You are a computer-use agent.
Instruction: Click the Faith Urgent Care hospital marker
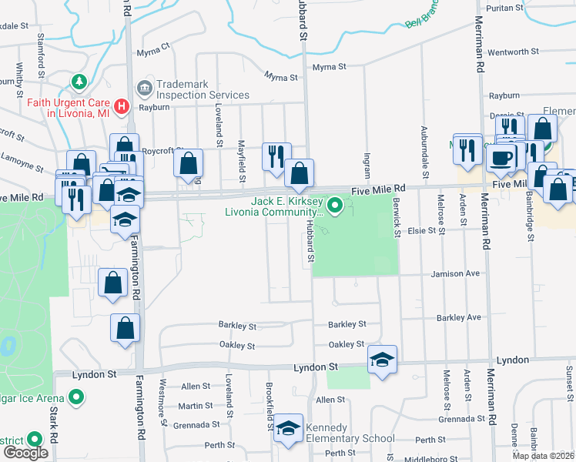click(120, 106)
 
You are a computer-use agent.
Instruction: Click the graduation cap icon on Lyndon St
click(382, 360)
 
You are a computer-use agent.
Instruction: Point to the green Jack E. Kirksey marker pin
click(335, 206)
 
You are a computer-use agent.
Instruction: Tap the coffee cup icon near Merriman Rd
click(501, 159)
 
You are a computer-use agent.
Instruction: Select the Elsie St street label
click(427, 230)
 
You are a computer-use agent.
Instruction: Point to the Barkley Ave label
click(458, 317)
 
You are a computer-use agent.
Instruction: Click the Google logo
click(25, 453)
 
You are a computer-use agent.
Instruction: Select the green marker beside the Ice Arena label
click(75, 397)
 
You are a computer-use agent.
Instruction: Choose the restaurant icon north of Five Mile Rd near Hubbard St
click(276, 156)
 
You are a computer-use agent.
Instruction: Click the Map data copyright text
click(542, 455)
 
